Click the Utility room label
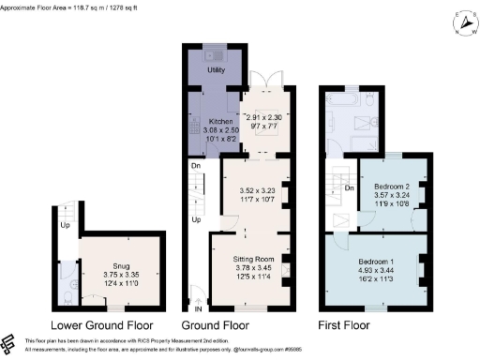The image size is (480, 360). (216, 70)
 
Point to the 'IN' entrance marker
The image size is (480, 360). (198, 307)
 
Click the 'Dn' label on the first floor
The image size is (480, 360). (348, 187)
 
